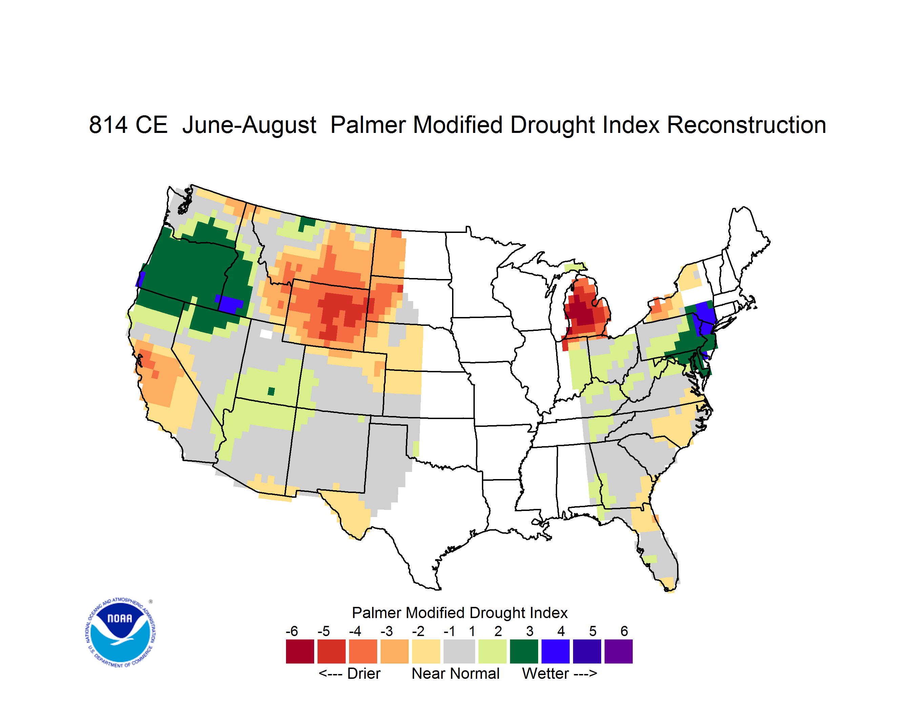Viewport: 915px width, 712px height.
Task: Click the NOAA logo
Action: coord(121,633)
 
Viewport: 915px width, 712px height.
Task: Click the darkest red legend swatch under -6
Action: coord(300,651)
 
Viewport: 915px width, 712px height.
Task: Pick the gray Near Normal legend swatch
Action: coord(459,651)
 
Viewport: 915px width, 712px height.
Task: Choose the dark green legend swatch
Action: coord(524,651)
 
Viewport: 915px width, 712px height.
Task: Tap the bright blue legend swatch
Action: coord(555,651)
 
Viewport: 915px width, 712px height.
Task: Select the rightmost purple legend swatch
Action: coord(618,651)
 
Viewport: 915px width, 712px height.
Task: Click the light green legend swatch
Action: coord(492,651)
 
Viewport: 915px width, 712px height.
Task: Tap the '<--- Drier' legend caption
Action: coord(349,674)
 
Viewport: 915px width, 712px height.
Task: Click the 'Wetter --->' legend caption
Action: coord(559,674)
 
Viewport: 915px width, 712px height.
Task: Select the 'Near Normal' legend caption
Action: coord(455,674)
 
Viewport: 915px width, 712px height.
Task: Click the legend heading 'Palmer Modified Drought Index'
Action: coord(460,613)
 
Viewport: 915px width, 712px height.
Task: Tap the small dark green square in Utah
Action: coord(271,391)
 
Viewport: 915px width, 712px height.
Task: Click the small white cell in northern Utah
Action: coord(266,334)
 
